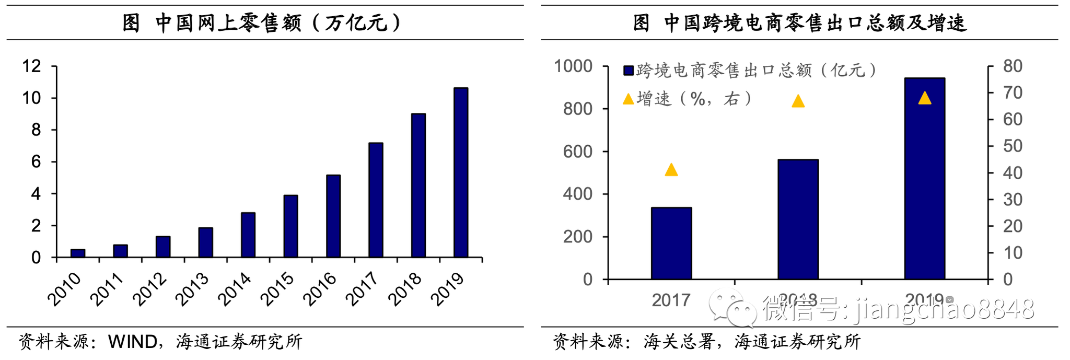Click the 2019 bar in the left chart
(x=461, y=172)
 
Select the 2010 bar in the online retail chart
(x=78, y=253)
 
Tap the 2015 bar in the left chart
(x=290, y=226)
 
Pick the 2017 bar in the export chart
(x=671, y=243)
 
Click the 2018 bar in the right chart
(x=798, y=219)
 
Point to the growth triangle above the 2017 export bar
(x=671, y=170)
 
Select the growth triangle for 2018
(x=798, y=101)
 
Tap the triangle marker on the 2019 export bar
(x=925, y=98)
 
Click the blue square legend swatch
(x=629, y=71)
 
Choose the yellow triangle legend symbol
(x=629, y=99)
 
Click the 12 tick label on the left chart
(x=31, y=66)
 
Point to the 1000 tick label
(x=573, y=66)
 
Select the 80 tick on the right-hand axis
(x=1013, y=66)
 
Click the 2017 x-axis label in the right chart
(x=671, y=300)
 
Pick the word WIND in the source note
(x=133, y=342)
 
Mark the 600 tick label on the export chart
(x=577, y=152)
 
